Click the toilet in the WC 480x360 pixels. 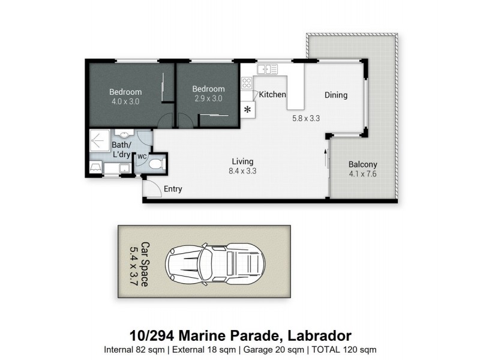pos(155,163)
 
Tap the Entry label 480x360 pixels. pos(173,189)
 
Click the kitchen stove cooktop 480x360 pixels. pos(247,84)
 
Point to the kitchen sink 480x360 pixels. pos(268,70)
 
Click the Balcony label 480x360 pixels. pos(363,164)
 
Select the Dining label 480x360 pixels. pos(336,95)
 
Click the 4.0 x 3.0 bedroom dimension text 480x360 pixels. pos(125,101)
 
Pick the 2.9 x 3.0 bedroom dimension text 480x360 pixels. pos(208,98)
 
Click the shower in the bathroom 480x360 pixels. pos(98,142)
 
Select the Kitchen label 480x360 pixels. pos(272,95)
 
